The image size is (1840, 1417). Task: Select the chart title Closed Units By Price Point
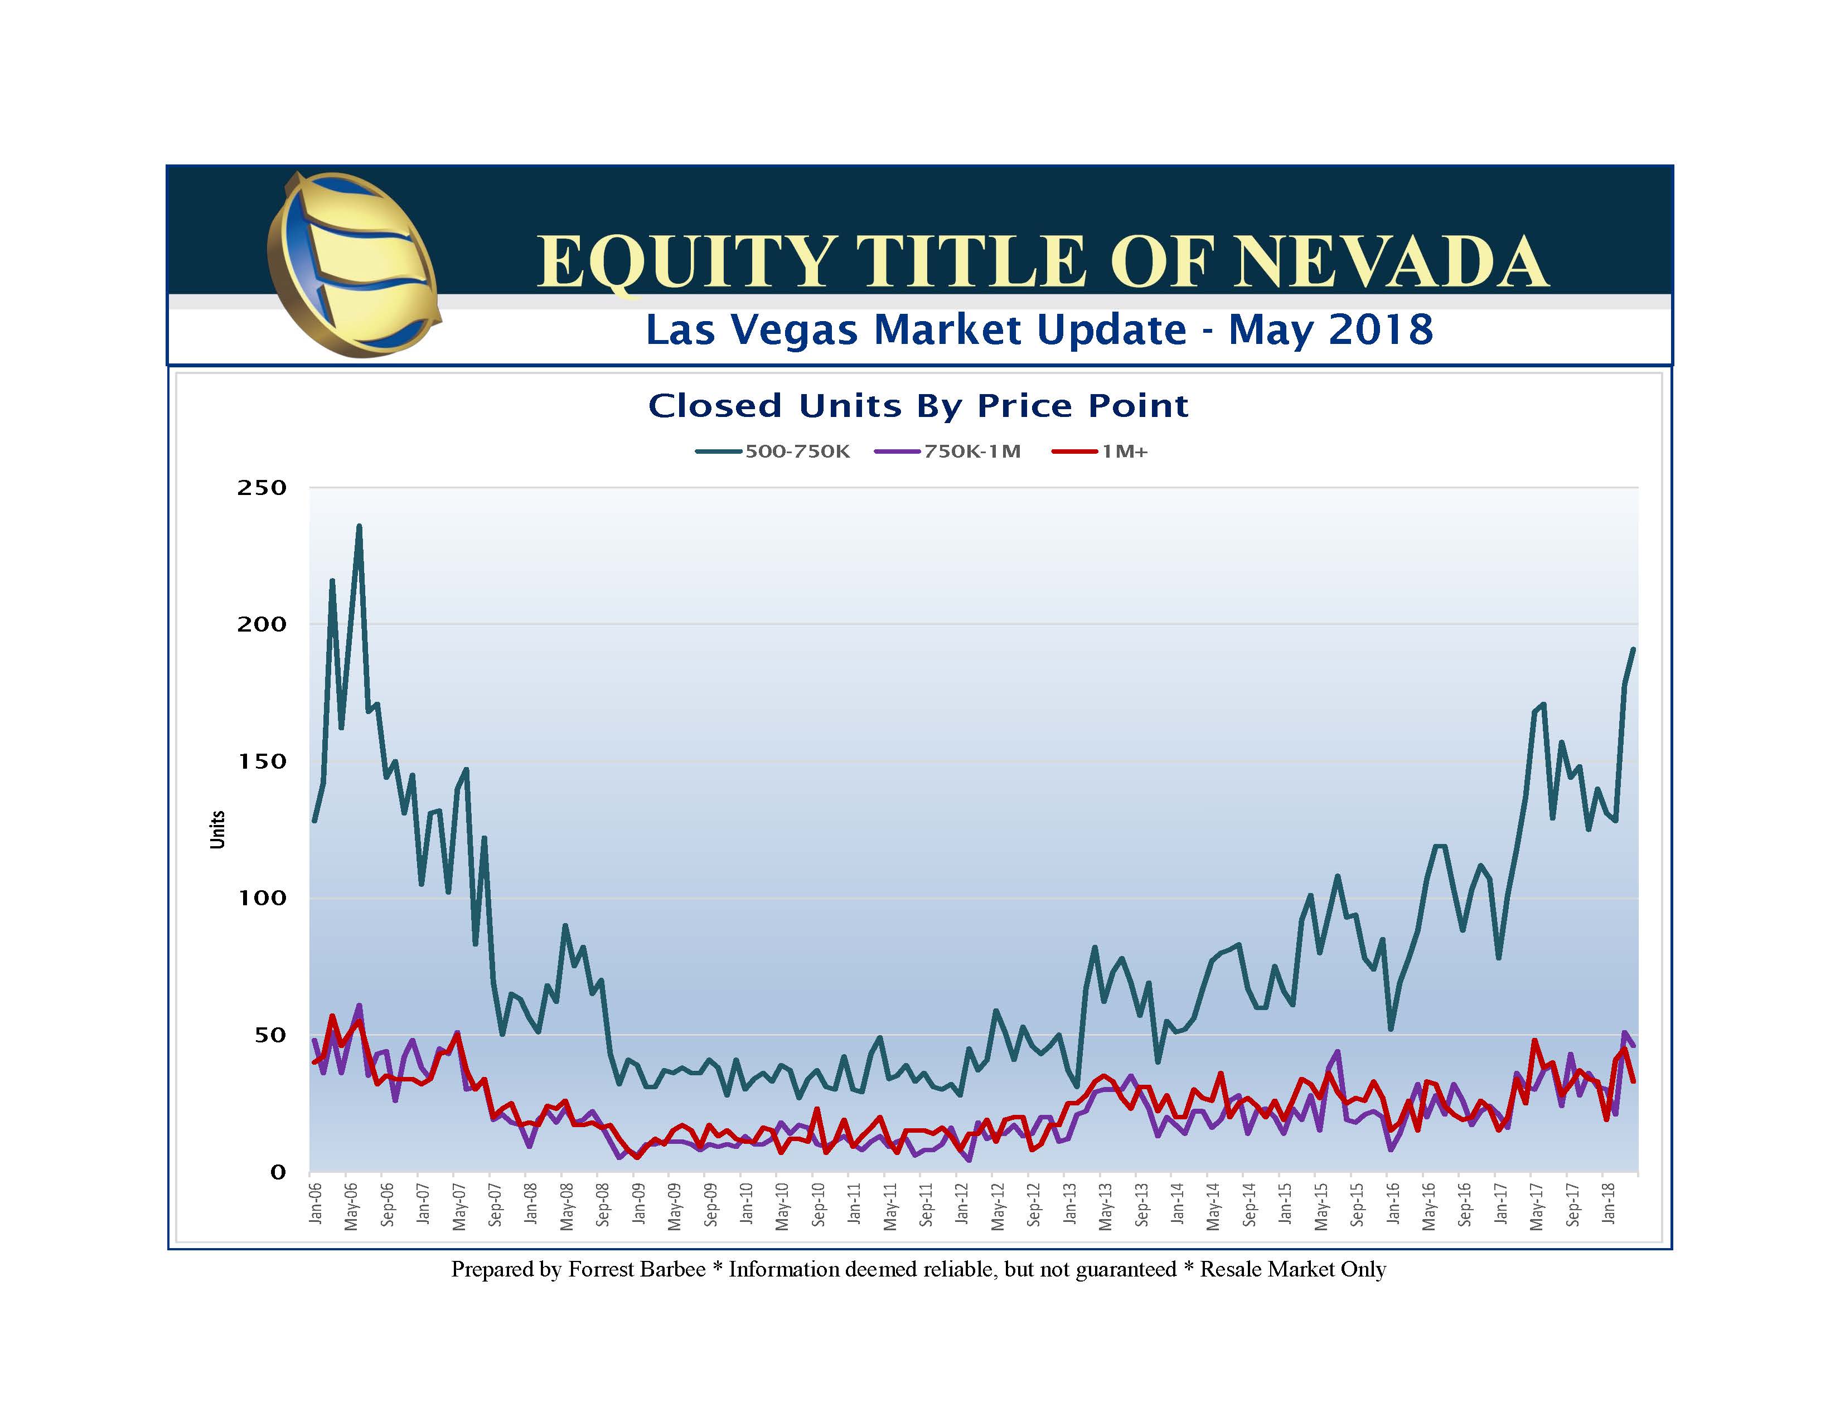coord(918,406)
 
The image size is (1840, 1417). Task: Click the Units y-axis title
coord(217,830)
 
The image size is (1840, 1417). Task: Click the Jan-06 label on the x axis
coord(316,1203)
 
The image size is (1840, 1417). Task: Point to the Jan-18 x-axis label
coord(1609,1203)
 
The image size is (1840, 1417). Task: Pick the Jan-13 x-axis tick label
coord(1071,1203)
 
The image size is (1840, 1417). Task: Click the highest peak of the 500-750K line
coord(359,527)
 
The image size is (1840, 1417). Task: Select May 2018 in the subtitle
coord(1330,329)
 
